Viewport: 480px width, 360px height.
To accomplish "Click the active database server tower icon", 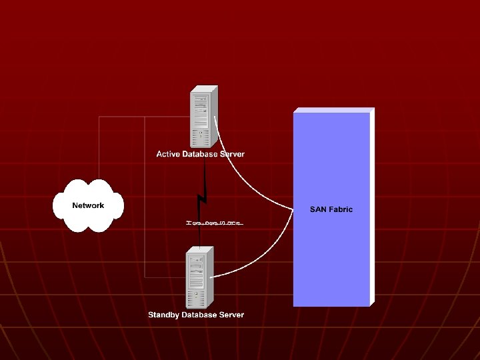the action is pos(203,117).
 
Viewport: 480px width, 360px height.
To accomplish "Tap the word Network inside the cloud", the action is pos(88,205).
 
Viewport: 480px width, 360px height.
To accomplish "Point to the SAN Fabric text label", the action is pos(331,209).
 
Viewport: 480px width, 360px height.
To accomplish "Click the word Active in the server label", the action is pos(168,154).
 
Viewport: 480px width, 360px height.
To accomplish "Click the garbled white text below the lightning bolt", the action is pos(215,223).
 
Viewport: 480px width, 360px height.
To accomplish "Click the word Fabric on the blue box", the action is pos(341,209).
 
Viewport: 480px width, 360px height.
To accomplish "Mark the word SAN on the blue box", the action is pos(318,209).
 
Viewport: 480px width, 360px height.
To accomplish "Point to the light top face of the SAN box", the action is pos(333,109).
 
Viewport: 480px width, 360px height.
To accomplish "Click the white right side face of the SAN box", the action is pos(372,207).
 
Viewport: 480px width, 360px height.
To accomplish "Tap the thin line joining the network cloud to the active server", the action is pos(99,147).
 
